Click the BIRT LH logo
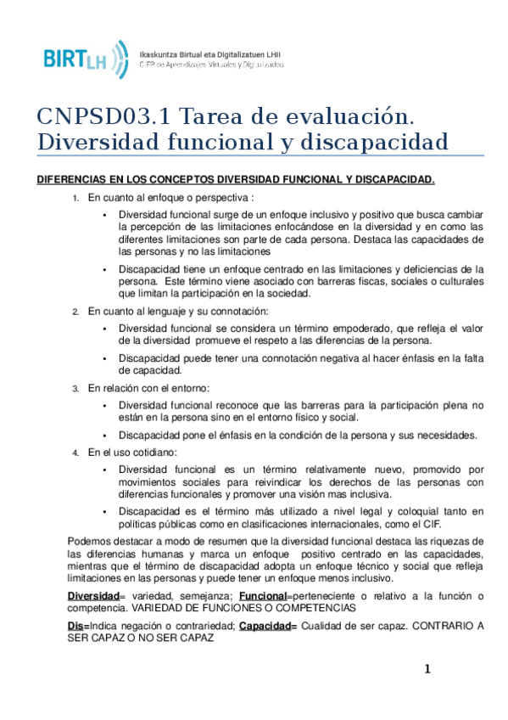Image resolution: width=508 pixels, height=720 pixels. pyautogui.click(x=86, y=57)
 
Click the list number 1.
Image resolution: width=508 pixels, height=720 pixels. pyautogui.click(x=75, y=198)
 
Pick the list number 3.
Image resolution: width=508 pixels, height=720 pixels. pyautogui.click(x=75, y=388)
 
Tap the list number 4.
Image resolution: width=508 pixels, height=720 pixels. pyautogui.click(x=75, y=453)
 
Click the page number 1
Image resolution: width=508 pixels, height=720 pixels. pyautogui.click(x=428, y=669)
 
